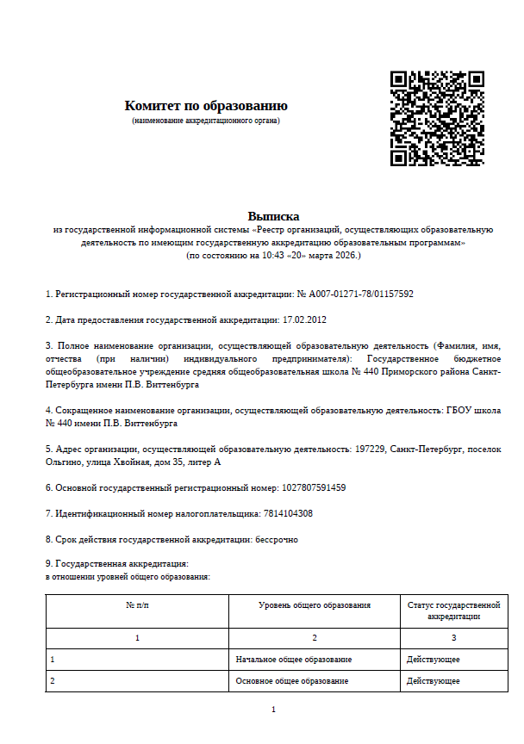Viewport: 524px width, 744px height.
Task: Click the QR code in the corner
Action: coord(436,118)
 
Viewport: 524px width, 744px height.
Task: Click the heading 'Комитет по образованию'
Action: coord(206,106)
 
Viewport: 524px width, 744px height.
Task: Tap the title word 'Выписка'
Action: coord(273,216)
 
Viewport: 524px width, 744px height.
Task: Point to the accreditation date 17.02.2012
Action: coord(304,319)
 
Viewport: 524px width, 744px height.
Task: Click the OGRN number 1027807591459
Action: coord(314,487)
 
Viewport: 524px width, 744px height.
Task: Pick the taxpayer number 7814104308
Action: coord(288,513)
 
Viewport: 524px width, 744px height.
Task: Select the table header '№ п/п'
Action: coord(137,605)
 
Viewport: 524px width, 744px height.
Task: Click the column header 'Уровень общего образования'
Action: coord(315,605)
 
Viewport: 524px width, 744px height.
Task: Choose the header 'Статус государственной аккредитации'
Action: coord(453,611)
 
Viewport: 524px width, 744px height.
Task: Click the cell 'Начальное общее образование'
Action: coord(294,660)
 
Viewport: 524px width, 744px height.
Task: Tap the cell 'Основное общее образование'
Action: coord(292,681)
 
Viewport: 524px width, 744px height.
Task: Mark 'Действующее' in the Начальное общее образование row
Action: coord(433,660)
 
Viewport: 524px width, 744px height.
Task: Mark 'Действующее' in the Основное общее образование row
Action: coord(433,681)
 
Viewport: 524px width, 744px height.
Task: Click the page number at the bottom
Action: coord(273,709)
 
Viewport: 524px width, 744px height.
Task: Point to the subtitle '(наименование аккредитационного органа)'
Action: coord(206,121)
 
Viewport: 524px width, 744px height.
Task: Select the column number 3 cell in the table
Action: coord(453,638)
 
